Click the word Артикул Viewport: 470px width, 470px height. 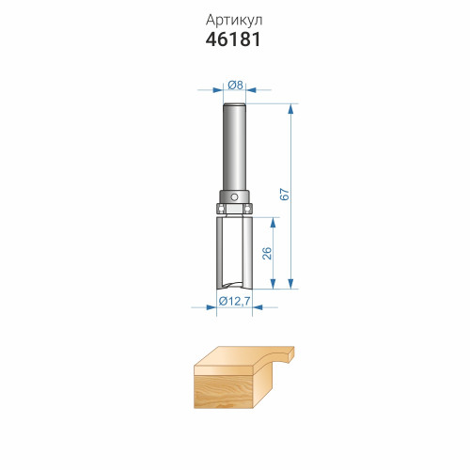coord(234,21)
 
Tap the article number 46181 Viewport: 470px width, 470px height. coord(233,39)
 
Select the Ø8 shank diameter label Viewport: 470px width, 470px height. coord(235,85)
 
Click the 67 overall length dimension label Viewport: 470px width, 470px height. coord(285,195)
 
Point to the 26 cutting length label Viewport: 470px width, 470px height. coord(267,253)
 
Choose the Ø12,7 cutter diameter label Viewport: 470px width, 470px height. coord(234,301)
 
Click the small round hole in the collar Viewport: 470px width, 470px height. coord(234,197)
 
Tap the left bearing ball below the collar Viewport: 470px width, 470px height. coord(220,208)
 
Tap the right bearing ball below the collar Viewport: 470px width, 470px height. coord(248,208)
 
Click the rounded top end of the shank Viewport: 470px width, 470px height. coord(234,105)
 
